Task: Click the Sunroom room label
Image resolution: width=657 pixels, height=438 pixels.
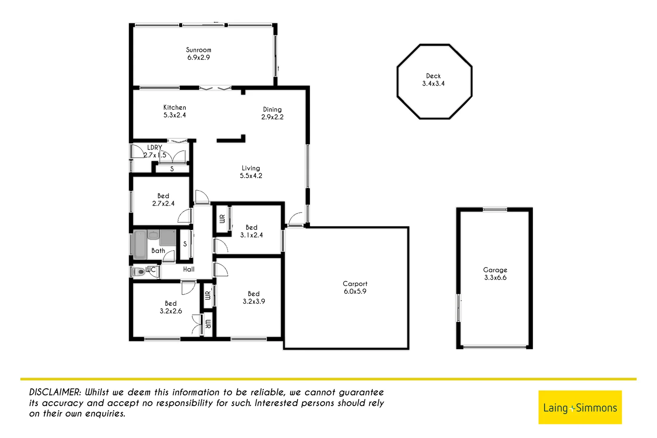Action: click(198, 54)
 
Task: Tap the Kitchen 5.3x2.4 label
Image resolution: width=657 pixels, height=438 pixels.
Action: click(175, 111)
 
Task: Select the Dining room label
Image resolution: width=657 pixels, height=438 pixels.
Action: click(272, 113)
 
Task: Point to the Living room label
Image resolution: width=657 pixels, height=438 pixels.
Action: click(251, 172)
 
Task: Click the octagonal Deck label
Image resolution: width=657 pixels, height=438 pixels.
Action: click(433, 79)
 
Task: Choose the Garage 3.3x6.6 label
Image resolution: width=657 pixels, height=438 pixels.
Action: click(495, 274)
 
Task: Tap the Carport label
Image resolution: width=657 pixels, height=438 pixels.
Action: click(355, 288)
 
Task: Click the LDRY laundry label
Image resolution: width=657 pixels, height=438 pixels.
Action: click(155, 148)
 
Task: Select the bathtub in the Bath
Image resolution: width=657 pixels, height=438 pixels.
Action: click(140, 245)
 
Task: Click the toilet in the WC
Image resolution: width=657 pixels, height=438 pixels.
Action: click(139, 272)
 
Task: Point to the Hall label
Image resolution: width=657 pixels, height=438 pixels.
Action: click(189, 269)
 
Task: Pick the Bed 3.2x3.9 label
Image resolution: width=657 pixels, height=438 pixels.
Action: click(253, 298)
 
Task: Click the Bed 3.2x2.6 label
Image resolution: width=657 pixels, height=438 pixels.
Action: click(171, 307)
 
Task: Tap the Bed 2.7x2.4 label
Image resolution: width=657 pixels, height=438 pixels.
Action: click(163, 200)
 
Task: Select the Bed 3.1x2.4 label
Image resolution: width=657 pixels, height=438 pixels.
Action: click(251, 231)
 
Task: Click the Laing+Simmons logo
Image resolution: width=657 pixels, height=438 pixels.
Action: click(580, 408)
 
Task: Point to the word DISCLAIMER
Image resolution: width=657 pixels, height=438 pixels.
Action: click(55, 392)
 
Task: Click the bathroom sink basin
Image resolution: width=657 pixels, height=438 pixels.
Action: click(153, 235)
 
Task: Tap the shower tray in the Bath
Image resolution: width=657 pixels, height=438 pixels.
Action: click(167, 238)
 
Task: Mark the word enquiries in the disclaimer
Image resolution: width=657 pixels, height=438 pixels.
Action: click(105, 414)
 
